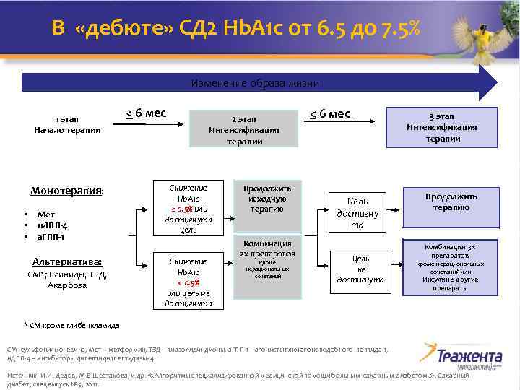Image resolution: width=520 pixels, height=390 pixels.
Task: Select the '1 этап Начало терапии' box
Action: (67, 123)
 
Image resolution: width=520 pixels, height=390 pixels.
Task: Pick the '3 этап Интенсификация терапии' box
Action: (441, 126)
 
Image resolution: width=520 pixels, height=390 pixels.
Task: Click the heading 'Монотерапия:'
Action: (66, 191)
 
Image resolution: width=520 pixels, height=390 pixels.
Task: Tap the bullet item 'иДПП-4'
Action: (52, 225)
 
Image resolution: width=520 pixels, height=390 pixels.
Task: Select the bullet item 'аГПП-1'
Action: (53, 236)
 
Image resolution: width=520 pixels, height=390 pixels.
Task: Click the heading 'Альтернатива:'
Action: (67, 261)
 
